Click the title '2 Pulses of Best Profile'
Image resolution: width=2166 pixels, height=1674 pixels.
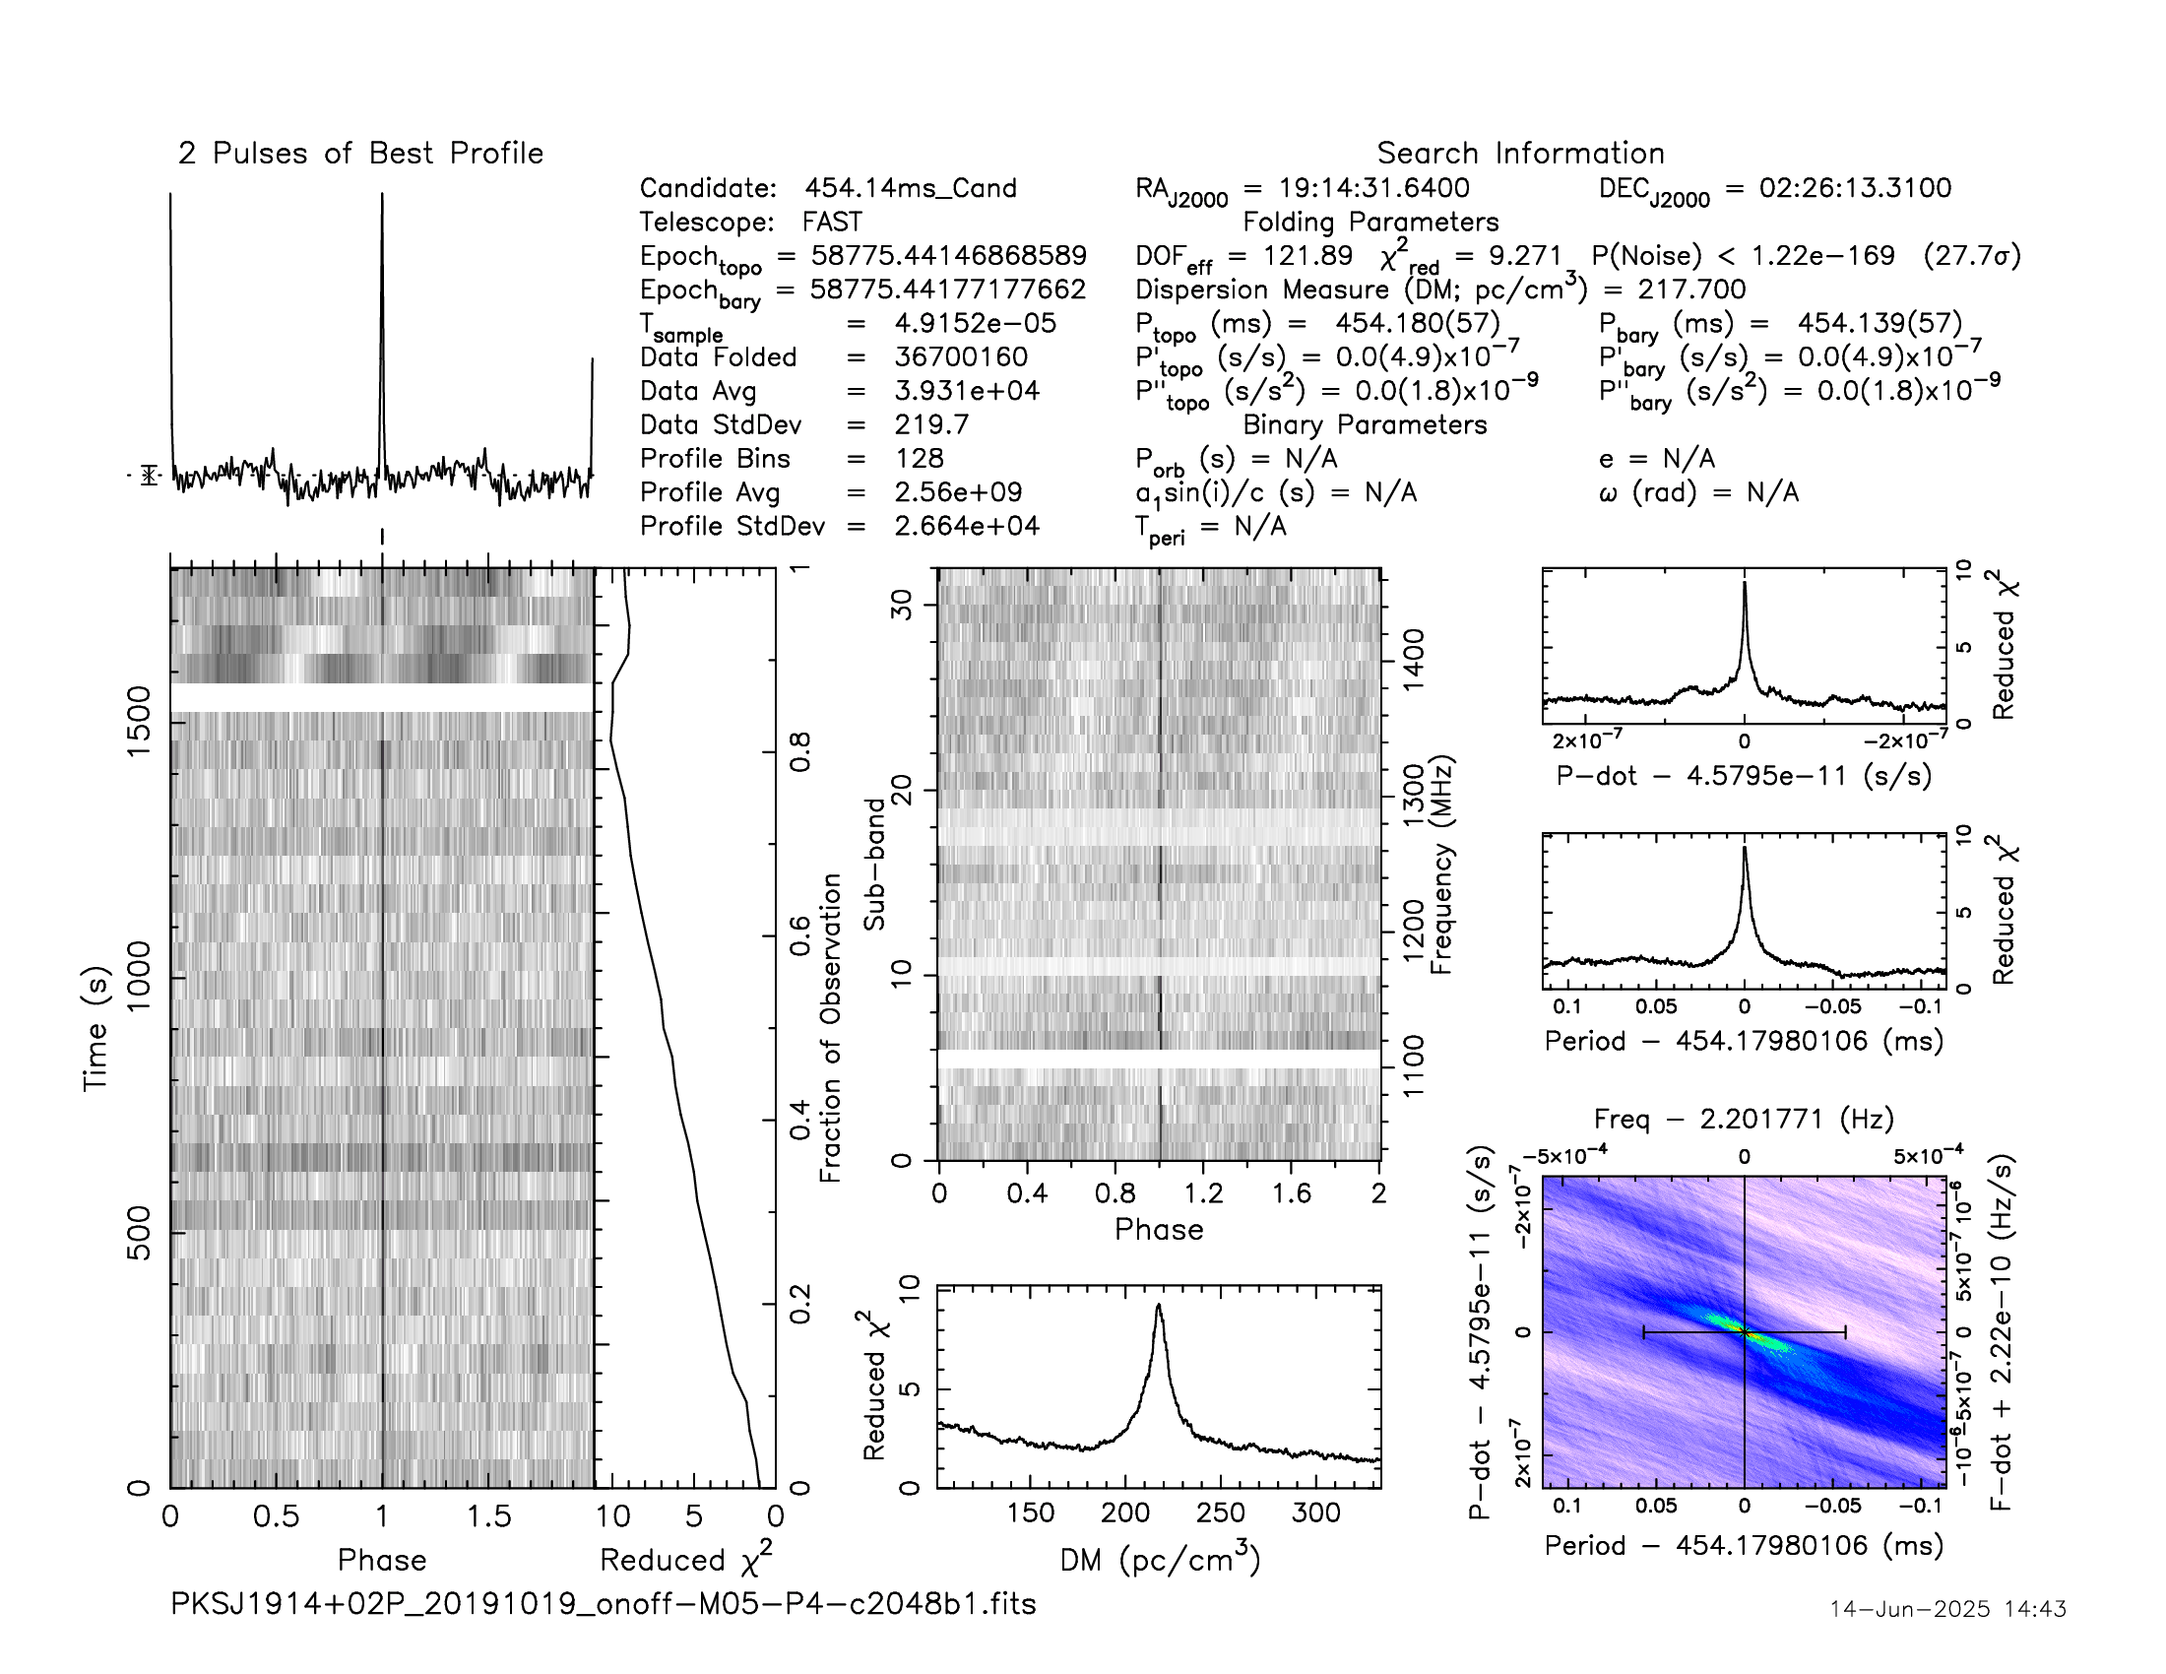[360, 154]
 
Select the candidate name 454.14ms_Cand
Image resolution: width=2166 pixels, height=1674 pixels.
[911, 188]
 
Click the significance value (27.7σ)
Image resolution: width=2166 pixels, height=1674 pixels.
[1972, 256]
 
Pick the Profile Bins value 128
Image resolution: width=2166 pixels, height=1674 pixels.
[919, 458]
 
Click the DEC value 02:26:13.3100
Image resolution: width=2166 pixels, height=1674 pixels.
[1855, 188]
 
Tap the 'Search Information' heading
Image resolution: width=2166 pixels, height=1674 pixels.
[1520, 154]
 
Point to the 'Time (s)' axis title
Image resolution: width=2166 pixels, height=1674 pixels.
[96, 1028]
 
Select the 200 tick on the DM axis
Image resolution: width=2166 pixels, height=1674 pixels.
[1124, 1513]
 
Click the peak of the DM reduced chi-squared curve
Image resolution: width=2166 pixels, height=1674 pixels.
[1158, 1306]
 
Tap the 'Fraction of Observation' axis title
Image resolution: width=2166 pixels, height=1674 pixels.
[830, 1028]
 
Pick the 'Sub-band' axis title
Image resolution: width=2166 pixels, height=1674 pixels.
[873, 864]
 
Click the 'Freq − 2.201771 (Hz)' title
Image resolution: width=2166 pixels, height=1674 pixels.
[1744, 1120]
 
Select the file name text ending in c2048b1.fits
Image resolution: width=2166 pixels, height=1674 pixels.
[603, 1603]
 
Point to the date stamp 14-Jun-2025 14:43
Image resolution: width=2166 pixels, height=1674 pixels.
[1947, 1609]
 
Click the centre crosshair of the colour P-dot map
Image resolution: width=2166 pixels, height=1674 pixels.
[1745, 1332]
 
